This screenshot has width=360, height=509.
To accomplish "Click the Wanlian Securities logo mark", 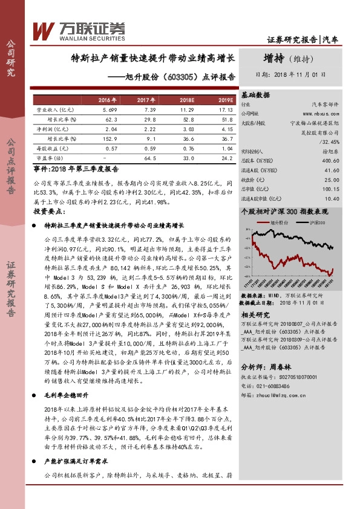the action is (x=44, y=30).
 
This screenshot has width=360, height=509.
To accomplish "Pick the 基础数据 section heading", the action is (x=255, y=95).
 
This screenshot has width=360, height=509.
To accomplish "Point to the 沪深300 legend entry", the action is (x=317, y=223).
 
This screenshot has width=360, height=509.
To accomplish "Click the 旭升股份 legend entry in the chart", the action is (x=278, y=223).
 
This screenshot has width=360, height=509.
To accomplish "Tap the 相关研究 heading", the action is (x=255, y=316).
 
